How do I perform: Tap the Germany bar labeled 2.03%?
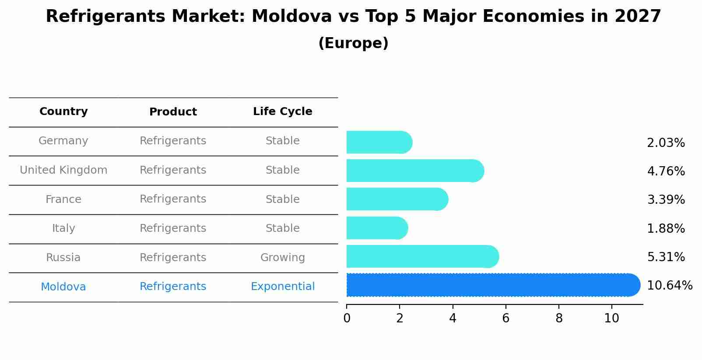[379, 143]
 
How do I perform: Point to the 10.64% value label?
[669, 286]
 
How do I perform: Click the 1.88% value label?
[666, 228]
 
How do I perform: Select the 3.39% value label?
[666, 200]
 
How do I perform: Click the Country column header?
[63, 112]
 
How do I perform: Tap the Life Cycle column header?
[282, 112]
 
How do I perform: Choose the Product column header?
[173, 112]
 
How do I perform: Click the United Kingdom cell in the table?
[63, 170]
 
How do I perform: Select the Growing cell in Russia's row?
[282, 258]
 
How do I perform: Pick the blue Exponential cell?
[282, 287]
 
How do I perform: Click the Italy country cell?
[63, 228]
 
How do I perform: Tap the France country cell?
[63, 199]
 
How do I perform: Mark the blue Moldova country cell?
[63, 287]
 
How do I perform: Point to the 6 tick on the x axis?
[505, 318]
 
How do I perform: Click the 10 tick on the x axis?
[611, 318]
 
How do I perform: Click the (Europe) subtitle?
[353, 43]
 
